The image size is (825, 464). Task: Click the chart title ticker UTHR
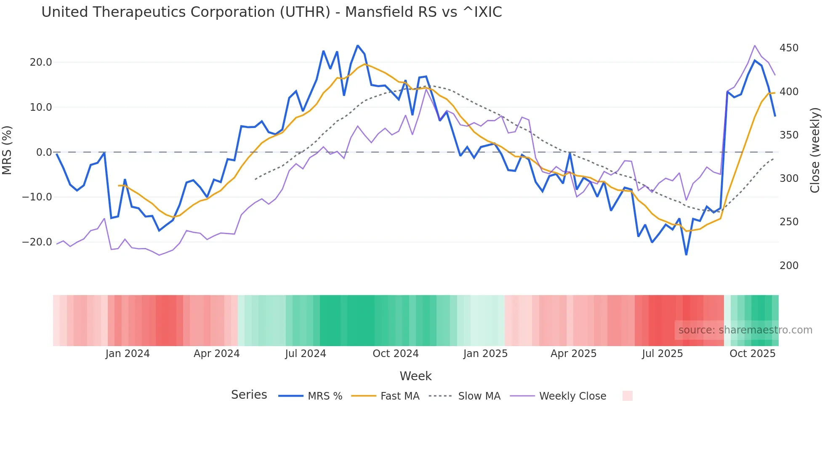click(305, 12)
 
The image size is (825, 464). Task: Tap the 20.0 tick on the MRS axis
click(41, 62)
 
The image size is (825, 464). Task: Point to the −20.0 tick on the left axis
click(37, 242)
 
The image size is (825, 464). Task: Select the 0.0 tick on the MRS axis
click(44, 152)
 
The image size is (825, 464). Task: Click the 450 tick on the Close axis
click(789, 48)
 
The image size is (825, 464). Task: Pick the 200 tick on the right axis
click(789, 266)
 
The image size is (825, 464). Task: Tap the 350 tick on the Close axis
click(789, 135)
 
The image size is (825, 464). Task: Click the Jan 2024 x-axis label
click(128, 354)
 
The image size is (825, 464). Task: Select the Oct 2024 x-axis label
click(396, 354)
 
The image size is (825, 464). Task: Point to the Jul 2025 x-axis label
click(663, 354)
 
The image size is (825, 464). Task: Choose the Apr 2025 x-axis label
click(574, 354)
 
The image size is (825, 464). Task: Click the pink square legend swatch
click(628, 396)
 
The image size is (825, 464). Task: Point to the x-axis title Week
click(415, 376)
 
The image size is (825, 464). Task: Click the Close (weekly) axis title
click(815, 150)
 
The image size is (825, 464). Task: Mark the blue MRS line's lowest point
click(686, 255)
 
